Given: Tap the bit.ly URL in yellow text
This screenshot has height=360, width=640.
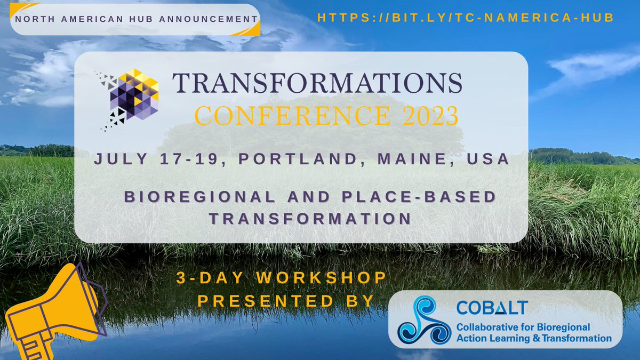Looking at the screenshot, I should pos(465,18).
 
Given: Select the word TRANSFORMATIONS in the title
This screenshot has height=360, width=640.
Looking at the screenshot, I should pos(317,83).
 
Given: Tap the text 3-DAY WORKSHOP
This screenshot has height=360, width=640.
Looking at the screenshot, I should pos(281,278).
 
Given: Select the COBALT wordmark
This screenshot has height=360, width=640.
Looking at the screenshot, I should pos(492,308).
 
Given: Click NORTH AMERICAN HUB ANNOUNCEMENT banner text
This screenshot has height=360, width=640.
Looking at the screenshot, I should pos(134,19).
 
